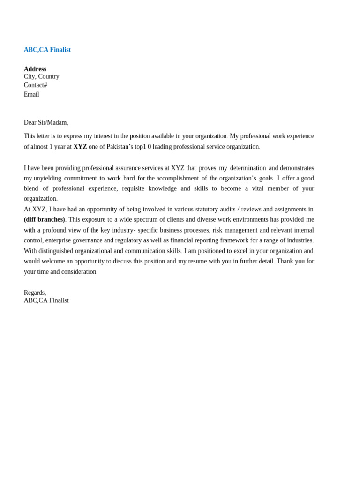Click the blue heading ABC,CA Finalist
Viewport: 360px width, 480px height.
(47, 50)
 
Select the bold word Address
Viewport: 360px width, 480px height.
(35, 69)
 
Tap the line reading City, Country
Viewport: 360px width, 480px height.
(42, 76)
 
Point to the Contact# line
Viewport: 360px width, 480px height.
(36, 85)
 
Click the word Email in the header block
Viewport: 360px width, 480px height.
(31, 94)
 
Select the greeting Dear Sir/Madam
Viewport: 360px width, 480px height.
(46, 122)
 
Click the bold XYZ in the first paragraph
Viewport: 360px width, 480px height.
(80, 147)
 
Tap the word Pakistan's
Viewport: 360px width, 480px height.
(123, 147)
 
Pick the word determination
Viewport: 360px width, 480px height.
(248, 168)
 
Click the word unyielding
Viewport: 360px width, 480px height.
(47, 178)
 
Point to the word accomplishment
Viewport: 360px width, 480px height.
(178, 178)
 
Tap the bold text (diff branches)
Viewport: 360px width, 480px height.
(45, 219)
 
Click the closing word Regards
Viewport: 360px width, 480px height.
(35, 292)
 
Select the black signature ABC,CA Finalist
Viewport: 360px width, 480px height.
(46, 300)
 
